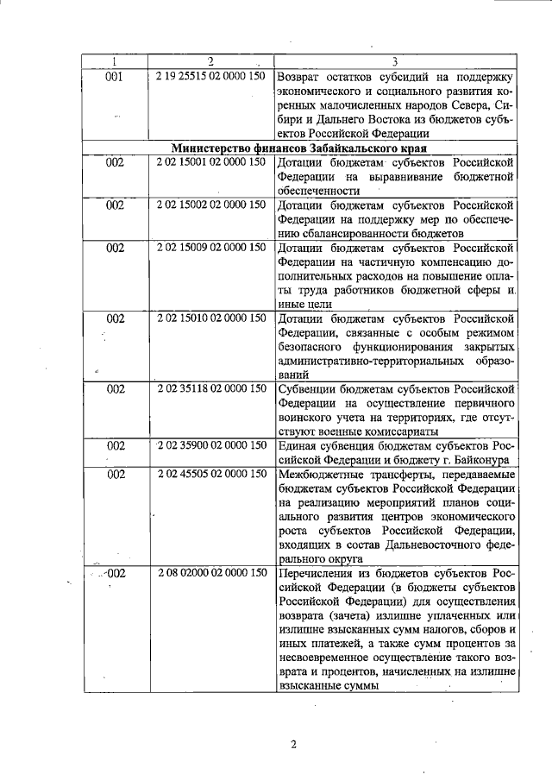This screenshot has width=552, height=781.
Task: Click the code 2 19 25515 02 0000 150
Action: [211, 76]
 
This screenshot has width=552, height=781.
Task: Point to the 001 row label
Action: [115, 76]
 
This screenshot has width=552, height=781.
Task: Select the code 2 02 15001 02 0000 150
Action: [211, 161]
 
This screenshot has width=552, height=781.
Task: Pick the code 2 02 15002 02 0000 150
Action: [211, 205]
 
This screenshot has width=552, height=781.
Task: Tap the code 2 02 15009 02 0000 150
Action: [211, 248]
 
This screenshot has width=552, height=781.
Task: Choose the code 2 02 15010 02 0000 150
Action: [211, 318]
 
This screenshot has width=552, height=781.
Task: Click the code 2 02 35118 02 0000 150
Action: [211, 388]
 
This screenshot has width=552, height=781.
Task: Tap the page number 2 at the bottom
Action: [292, 745]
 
